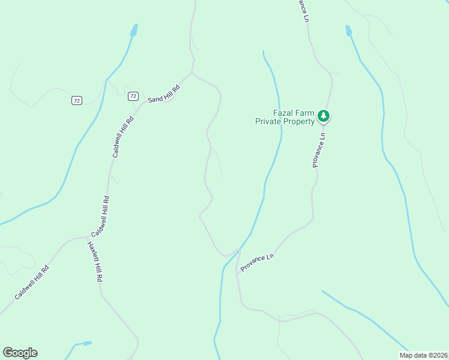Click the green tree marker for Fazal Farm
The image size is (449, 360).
click(x=324, y=116)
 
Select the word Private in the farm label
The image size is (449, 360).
click(x=269, y=122)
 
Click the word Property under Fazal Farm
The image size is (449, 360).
click(x=300, y=122)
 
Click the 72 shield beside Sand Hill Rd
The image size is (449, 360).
click(x=133, y=96)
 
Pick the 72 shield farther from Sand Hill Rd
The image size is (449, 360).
click(x=76, y=100)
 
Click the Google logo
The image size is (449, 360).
click(x=20, y=353)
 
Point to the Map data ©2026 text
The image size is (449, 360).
click(x=423, y=355)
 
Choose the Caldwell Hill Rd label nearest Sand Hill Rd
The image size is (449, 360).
click(x=123, y=137)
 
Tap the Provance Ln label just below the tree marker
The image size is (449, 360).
click(x=319, y=150)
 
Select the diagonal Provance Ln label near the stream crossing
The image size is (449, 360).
click(x=258, y=262)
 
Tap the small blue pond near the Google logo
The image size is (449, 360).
click(x=87, y=343)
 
